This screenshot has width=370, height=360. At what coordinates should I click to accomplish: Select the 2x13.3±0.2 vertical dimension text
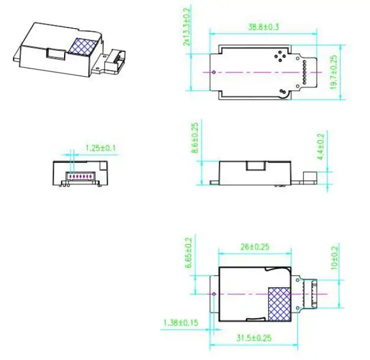point(187,26)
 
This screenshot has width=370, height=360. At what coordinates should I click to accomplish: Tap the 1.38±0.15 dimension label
point(179,321)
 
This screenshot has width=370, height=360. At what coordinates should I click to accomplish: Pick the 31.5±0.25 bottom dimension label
point(255,337)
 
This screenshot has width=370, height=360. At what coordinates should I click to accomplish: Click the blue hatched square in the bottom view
point(281,304)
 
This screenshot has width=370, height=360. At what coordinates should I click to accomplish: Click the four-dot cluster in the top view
point(279,55)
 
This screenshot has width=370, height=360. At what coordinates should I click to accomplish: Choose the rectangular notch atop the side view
point(255,165)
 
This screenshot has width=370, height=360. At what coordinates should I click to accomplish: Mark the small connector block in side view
point(309,177)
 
